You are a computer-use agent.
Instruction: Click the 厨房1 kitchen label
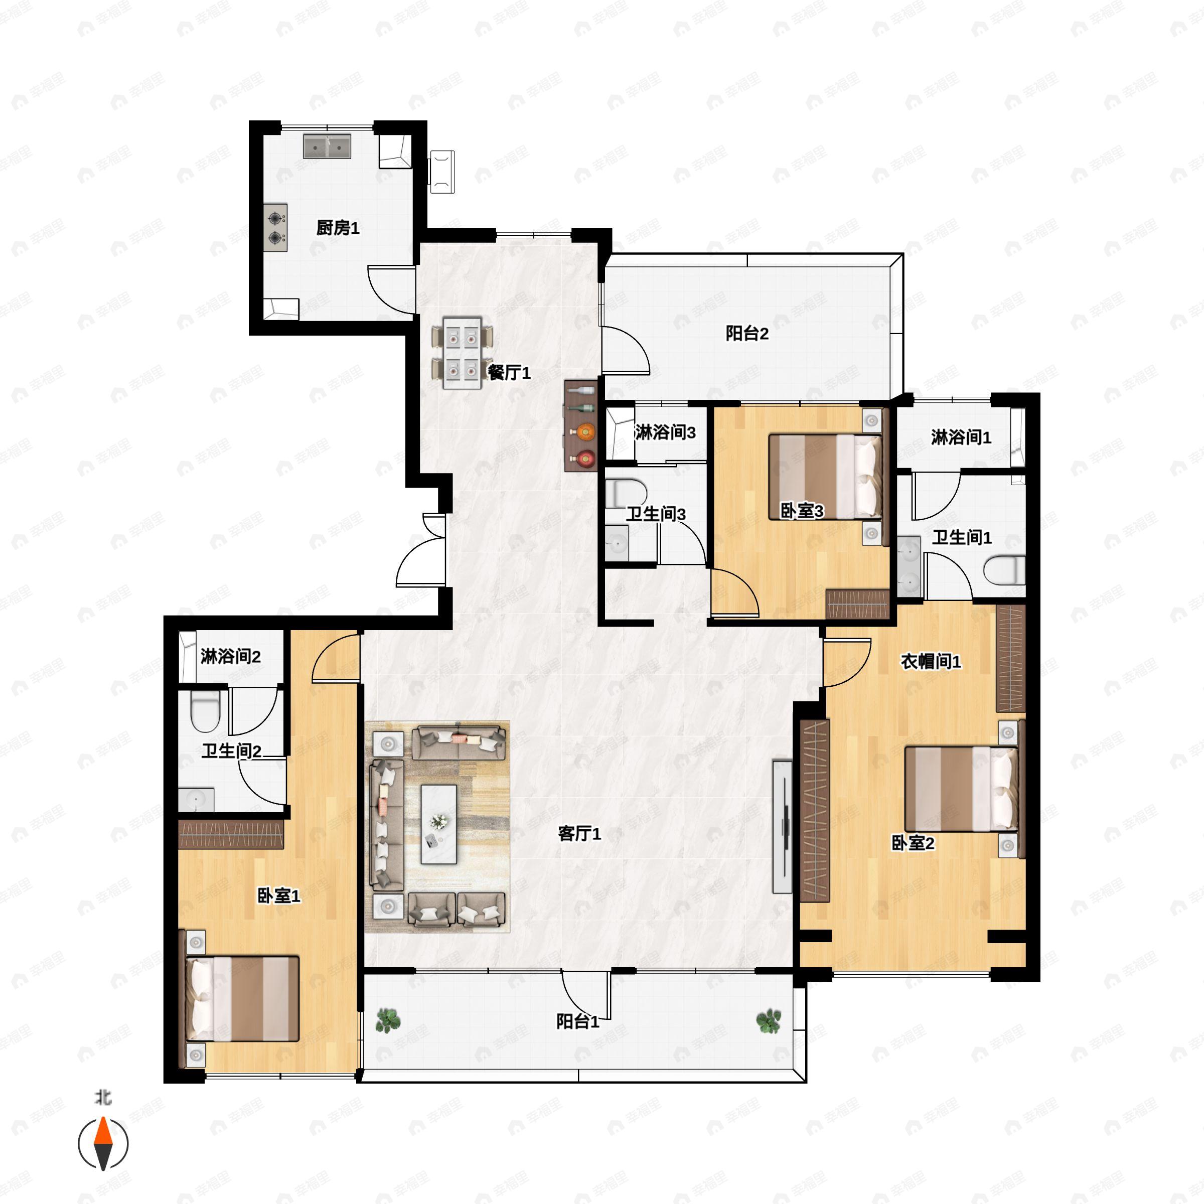tap(338, 228)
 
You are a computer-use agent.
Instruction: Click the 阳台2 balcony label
tap(747, 334)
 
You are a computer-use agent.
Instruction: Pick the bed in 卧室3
tap(826, 477)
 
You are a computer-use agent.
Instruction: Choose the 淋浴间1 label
tap(961, 437)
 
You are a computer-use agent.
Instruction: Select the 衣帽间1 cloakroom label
tap(931, 661)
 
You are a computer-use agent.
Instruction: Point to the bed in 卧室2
tap(961, 789)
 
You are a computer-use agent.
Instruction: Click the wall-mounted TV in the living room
tap(782, 826)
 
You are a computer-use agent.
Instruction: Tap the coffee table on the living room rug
tap(439, 824)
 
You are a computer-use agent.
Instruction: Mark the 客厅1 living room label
tap(579, 834)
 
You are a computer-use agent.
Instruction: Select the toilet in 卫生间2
tap(205, 712)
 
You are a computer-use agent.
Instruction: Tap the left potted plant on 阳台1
tap(388, 1021)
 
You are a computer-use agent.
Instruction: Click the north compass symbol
tap(103, 1144)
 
